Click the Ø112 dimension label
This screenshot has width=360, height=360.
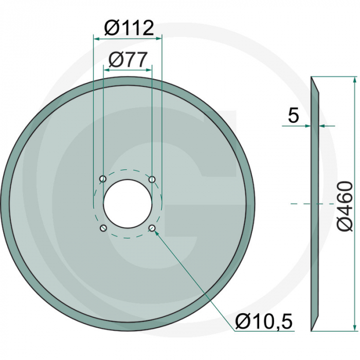[128, 28]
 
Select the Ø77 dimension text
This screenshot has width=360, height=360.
[128, 60]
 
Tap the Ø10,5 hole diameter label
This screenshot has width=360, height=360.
[263, 322]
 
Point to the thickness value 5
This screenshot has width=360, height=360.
[293, 116]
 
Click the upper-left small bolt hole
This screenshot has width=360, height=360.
[103, 179]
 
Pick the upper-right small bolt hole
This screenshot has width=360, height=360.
[152, 179]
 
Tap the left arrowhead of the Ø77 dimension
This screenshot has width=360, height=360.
[106, 70]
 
